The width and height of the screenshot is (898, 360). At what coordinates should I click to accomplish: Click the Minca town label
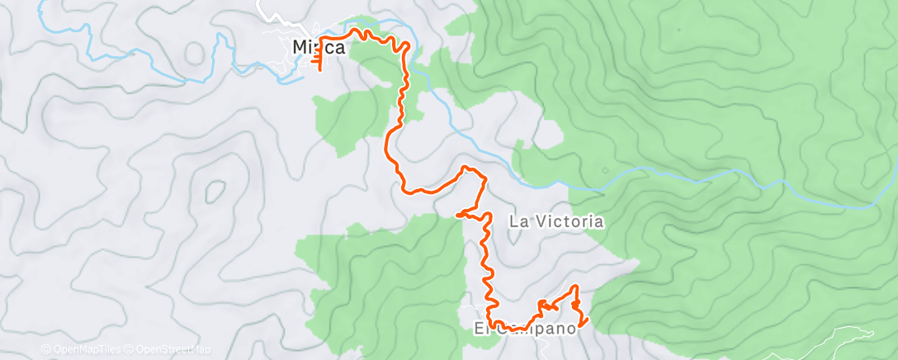click(319, 48)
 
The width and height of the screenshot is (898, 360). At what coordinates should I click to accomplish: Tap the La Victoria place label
click(556, 221)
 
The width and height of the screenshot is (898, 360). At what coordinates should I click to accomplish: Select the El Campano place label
click(524, 329)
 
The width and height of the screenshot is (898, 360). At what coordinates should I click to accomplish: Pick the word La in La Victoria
click(518, 221)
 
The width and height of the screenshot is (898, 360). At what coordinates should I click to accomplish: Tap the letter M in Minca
click(301, 48)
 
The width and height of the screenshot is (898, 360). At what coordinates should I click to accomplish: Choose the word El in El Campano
click(480, 329)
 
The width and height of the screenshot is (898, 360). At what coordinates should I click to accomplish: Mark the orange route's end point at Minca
click(320, 71)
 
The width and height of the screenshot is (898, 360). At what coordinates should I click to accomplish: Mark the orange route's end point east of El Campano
click(587, 321)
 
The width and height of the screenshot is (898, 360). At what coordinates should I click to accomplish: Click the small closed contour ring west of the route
click(215, 192)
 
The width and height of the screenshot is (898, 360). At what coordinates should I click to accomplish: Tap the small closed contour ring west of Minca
click(194, 53)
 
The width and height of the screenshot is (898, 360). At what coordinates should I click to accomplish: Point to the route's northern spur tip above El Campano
click(575, 287)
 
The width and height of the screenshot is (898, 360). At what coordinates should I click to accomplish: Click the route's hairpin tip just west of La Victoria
click(457, 216)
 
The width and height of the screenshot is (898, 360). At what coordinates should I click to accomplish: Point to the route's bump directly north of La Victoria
click(469, 169)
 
